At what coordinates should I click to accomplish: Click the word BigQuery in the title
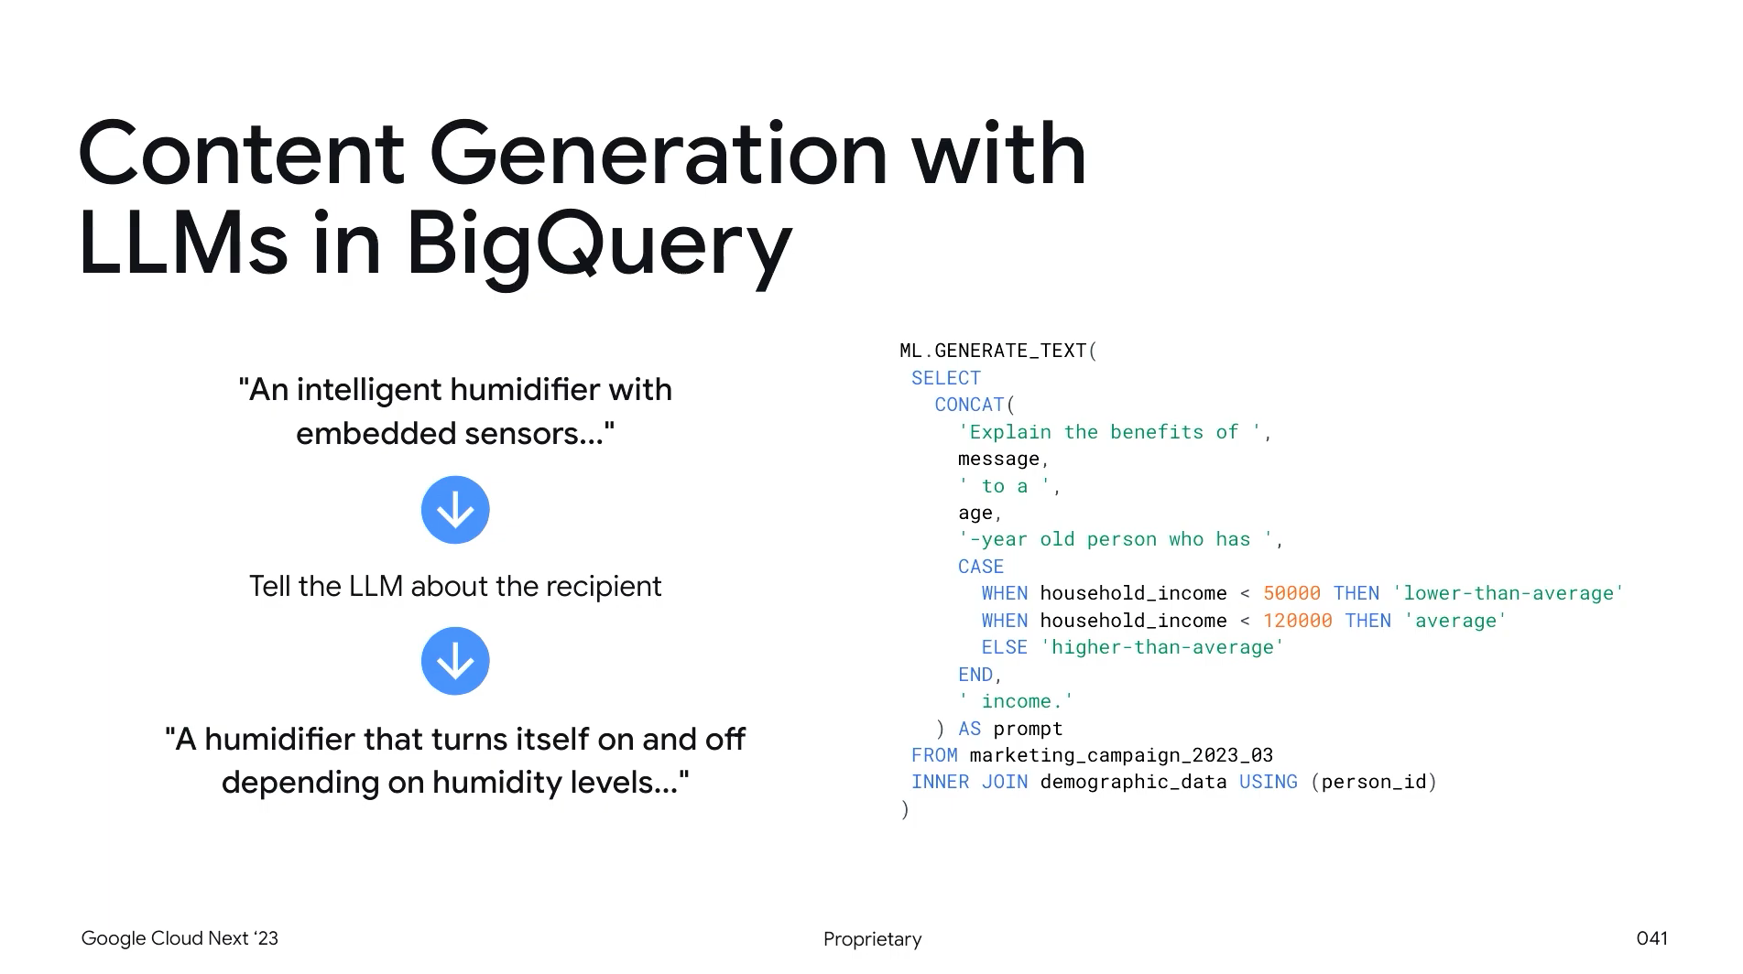598,243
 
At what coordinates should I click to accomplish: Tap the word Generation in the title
658,154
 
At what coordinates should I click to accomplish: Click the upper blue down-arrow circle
455,510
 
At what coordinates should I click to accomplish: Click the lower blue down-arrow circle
455,661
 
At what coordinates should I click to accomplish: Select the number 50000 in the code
1291,593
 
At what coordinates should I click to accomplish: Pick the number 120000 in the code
1297,621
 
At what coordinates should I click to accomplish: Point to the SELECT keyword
945,378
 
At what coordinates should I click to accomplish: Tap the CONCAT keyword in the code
969,405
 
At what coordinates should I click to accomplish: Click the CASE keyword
980,567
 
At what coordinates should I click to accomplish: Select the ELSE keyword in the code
1004,647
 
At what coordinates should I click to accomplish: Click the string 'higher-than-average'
1162,647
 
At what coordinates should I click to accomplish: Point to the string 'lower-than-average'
1508,593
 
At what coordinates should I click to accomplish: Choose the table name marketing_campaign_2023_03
1121,755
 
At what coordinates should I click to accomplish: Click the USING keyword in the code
1268,782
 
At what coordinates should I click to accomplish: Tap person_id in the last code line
1374,782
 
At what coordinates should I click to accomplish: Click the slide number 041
1651,938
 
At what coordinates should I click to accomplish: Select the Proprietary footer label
872,939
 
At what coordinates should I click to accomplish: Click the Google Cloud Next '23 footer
180,938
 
